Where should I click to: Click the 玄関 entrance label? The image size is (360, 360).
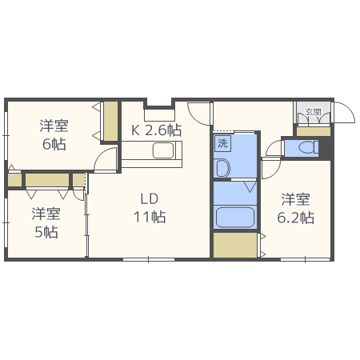(x=313, y=113)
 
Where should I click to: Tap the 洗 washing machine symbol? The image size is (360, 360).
(x=223, y=144)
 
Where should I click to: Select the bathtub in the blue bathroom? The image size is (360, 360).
(x=234, y=217)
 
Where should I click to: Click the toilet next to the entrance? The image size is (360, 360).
(x=305, y=148)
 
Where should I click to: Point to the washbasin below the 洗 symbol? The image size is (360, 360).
(x=222, y=168)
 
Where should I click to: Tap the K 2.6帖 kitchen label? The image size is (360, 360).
(x=155, y=129)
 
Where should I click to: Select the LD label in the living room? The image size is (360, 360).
(x=150, y=198)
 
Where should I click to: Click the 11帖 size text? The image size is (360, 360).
(x=150, y=216)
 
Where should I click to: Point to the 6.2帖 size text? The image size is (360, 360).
(x=295, y=218)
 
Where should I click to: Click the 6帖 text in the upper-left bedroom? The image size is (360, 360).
(x=54, y=144)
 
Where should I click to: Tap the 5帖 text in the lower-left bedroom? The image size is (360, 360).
(x=46, y=232)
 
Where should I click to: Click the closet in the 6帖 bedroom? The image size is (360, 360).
(x=110, y=121)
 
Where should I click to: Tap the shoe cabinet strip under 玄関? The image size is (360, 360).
(x=313, y=130)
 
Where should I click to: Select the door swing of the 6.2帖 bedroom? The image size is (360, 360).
(x=271, y=170)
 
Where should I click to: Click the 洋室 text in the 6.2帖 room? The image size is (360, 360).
(x=295, y=200)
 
